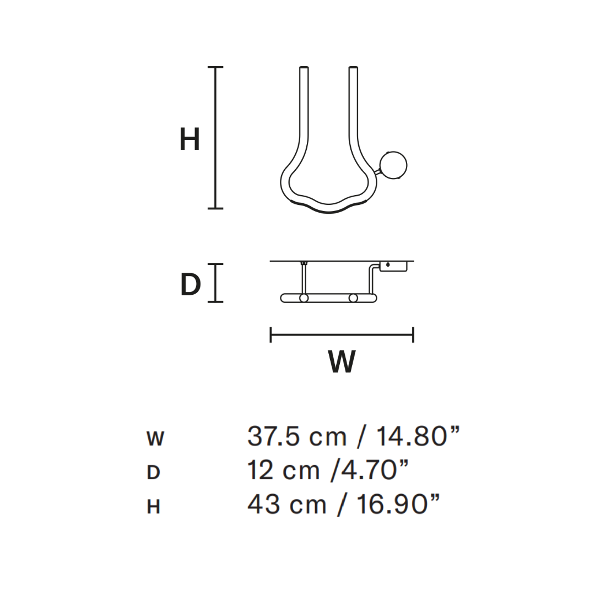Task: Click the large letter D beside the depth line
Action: (191, 285)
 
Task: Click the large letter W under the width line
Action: (342, 362)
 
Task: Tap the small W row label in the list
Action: (155, 439)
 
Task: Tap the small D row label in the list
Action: (153, 473)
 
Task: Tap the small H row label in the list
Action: (153, 507)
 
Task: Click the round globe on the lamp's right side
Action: (394, 165)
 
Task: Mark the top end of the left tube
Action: (304, 69)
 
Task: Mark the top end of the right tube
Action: (354, 69)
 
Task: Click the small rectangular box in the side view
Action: (393, 266)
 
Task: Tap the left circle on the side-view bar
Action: (303, 298)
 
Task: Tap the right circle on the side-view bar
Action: (353, 298)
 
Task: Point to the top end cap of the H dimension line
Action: (215, 67)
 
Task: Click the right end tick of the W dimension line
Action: (413, 334)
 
